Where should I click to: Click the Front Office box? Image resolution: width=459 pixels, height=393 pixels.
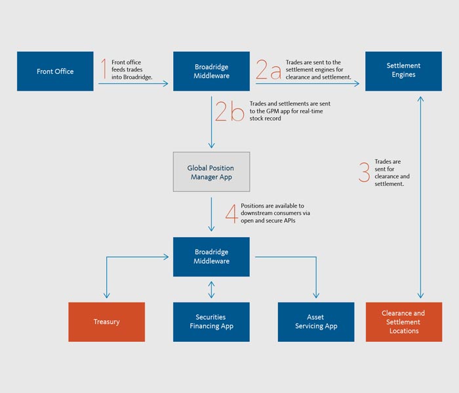[x=55, y=71]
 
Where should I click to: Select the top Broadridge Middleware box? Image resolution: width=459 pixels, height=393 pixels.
[x=211, y=71]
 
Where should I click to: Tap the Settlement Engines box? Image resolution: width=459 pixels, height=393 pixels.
[x=403, y=71]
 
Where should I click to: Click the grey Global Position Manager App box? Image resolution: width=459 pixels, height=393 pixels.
[x=211, y=172]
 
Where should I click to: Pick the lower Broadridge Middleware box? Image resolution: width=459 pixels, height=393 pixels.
[x=211, y=256]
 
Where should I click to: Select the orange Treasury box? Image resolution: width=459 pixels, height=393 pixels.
[x=107, y=322]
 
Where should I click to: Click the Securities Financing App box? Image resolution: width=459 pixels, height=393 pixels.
[x=211, y=322]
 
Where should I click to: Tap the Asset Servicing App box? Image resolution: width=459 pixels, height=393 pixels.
[x=316, y=322]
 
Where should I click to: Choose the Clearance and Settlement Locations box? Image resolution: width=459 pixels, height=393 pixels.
[x=403, y=322]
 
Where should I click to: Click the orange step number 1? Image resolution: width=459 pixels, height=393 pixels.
[x=104, y=69]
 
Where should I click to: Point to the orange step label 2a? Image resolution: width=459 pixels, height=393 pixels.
[x=268, y=69]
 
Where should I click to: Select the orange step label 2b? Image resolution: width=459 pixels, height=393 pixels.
[x=229, y=111]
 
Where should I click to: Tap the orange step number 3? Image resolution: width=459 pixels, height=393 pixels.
[x=364, y=172]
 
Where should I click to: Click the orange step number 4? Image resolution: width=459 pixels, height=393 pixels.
[x=230, y=213]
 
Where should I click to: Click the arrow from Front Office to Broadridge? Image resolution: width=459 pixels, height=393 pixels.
[x=134, y=83]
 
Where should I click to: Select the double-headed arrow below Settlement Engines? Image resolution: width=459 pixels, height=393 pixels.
[x=420, y=196]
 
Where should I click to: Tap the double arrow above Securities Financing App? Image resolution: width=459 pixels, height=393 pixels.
[x=211, y=289]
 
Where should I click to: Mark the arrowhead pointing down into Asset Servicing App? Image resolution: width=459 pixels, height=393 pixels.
[x=316, y=295]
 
